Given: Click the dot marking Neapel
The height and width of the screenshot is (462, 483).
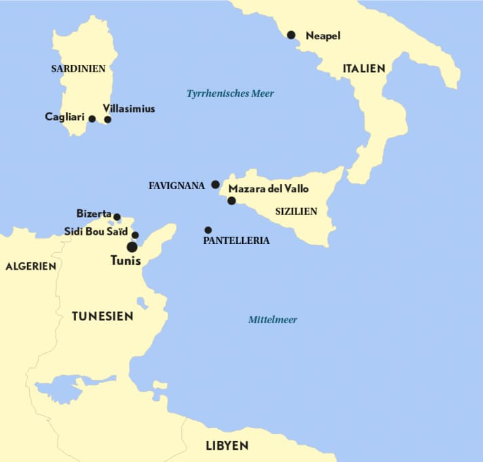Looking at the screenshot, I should (x=291, y=35).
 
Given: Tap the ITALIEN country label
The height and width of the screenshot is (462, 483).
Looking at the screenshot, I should (x=364, y=68).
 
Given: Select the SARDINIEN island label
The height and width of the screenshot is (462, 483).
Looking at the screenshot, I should (x=79, y=68).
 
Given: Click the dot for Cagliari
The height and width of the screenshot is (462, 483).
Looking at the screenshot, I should (x=92, y=119).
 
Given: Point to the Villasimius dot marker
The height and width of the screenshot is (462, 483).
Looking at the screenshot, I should (x=107, y=120).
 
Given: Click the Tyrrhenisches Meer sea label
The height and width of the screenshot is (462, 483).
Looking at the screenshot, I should (x=230, y=93).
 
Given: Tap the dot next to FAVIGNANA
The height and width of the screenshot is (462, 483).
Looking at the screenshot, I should (x=215, y=184).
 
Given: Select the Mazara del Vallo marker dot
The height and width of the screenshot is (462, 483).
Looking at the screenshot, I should (x=231, y=201).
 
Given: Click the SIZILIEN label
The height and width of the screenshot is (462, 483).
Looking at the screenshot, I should (x=296, y=211).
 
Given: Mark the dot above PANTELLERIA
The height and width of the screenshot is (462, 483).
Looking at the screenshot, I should (x=208, y=230).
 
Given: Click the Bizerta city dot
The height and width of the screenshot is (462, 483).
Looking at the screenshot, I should (x=117, y=217).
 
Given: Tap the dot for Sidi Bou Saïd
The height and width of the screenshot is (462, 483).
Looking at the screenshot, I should (x=135, y=235).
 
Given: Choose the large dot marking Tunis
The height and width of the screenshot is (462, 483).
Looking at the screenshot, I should (x=132, y=247).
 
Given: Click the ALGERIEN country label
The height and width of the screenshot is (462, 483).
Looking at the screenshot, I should (x=31, y=266).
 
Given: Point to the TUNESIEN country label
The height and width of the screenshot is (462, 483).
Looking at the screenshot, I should (x=102, y=316).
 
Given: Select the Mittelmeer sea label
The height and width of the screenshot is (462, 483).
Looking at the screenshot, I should (x=273, y=320).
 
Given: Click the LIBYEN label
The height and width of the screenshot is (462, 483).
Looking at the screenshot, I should (x=227, y=446).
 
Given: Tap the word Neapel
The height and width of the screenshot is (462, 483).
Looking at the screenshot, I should (x=323, y=35).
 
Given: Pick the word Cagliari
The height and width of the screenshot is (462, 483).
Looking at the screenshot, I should (x=64, y=117).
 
